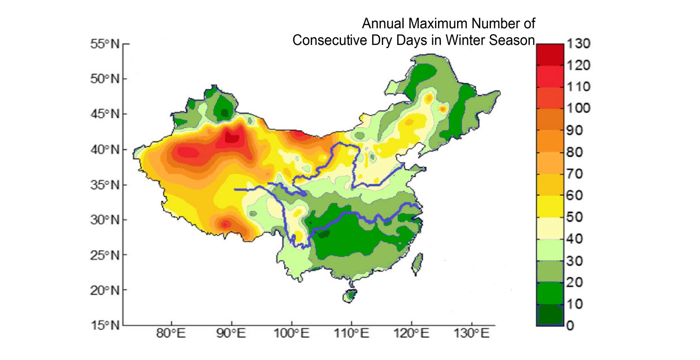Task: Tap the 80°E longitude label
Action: coord(171,333)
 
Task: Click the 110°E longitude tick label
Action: coord(351,333)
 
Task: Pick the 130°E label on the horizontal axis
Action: coord(472,333)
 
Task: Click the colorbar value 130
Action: coord(579,44)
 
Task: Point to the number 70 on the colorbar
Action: coord(574,173)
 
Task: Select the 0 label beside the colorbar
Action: coord(570,325)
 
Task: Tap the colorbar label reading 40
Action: coord(574,239)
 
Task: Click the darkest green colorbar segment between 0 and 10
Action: coord(550,315)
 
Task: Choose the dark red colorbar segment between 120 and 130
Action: coord(550,54)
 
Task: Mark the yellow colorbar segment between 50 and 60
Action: coord(550,206)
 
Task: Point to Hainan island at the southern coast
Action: coord(349,296)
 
